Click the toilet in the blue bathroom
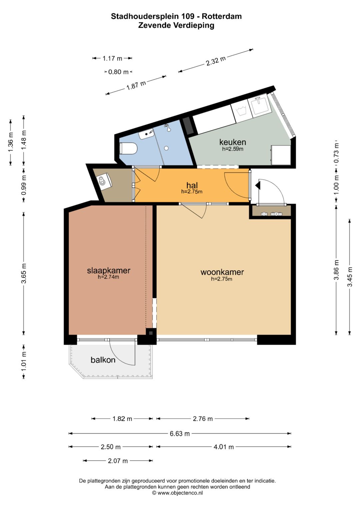coord(128,148)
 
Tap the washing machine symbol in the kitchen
coord(241,111)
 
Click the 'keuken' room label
coord(233,142)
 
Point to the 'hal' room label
coord(192,185)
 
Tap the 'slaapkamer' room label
coord(109,270)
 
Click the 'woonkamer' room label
coord(222,272)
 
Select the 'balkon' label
coord(103,360)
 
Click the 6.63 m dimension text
coord(180,434)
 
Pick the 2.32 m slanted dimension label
coord(216,61)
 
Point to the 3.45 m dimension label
coord(350,277)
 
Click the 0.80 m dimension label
coord(118,72)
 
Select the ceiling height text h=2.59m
coord(233,149)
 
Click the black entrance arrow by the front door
coord(258,185)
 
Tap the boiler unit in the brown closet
coord(104,180)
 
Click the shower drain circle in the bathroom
coord(166,148)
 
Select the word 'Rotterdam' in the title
coord(222,16)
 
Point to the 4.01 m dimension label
coord(224,447)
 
